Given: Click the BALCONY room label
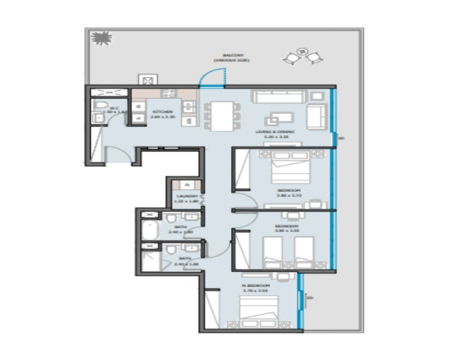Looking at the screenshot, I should (231, 55).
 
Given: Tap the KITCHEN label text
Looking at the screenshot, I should (162, 112).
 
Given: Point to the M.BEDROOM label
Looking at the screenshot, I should (255, 285).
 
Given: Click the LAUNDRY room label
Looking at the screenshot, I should (184, 197).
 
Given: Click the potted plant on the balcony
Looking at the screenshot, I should (100, 38).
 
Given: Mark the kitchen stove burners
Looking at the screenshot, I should (169, 94).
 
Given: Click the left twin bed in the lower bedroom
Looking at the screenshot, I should (273, 251).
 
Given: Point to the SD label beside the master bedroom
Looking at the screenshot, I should (310, 297).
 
